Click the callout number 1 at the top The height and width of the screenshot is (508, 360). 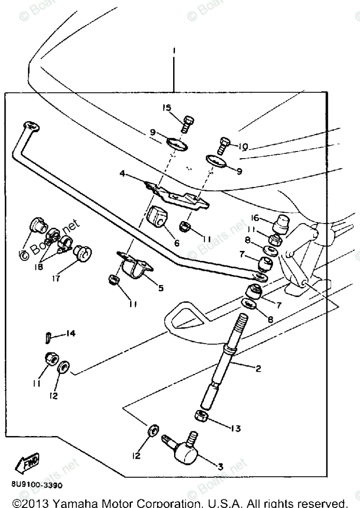coord(174,50)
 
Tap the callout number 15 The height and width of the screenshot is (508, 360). coord(167,108)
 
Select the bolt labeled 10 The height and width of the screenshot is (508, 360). coord(224,144)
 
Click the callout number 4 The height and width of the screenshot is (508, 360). coord(122,174)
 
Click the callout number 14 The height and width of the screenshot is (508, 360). coord(70,334)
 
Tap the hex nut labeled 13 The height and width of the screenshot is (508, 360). coord(200,417)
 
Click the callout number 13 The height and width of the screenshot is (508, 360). coord(235,428)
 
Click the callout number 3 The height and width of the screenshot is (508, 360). coord(220,466)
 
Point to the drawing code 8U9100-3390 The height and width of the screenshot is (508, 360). coord(33,485)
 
